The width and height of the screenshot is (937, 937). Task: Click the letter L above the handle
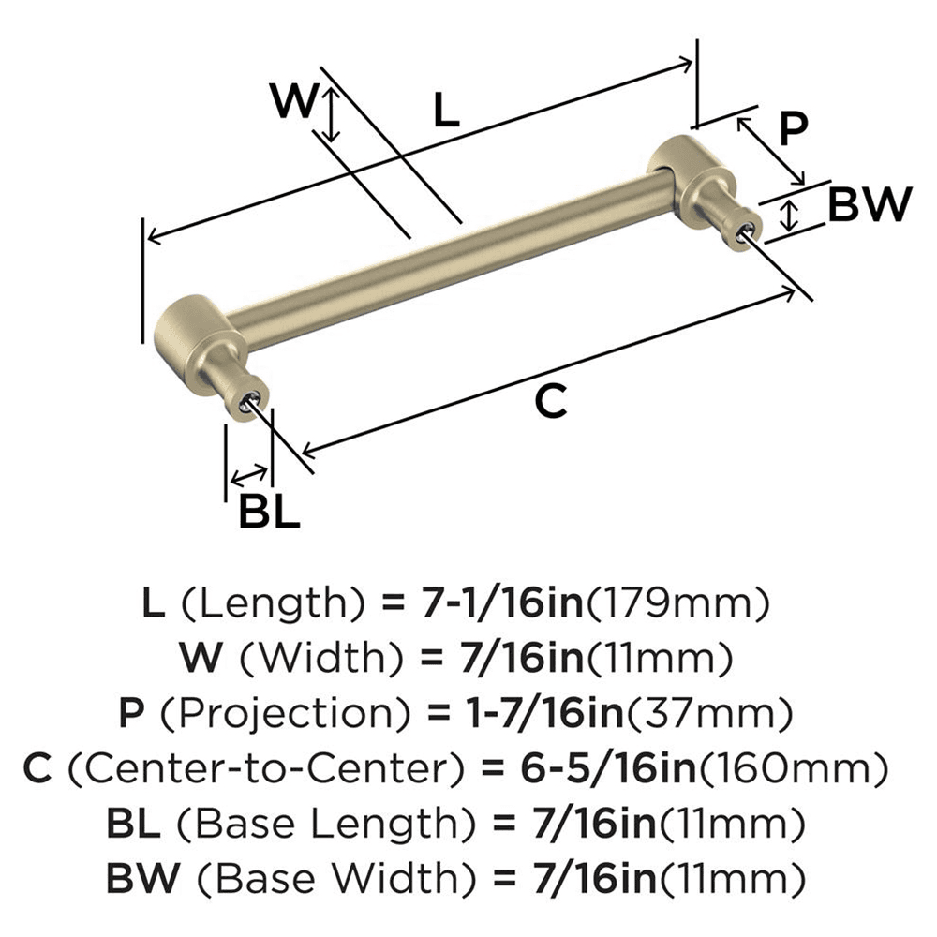(x=447, y=112)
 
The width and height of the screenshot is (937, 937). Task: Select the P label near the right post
(x=793, y=128)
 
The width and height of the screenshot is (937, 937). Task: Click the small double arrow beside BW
(x=790, y=215)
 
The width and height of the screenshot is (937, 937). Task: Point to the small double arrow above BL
(x=248, y=474)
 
